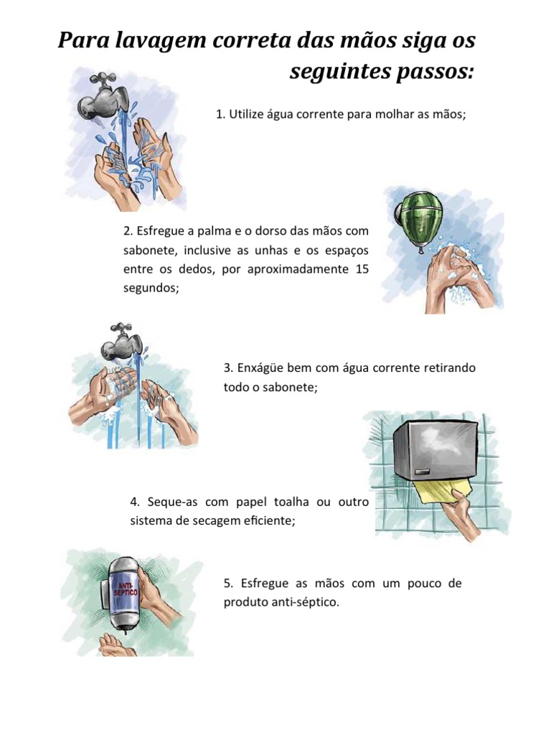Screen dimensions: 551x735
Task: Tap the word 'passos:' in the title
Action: [x=435, y=72]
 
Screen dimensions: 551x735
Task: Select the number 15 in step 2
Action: [x=362, y=269]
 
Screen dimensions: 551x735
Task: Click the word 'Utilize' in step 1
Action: [x=245, y=114]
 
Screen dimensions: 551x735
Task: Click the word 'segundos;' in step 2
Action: [x=151, y=289]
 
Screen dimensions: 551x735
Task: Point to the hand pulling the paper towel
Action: [x=461, y=519]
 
